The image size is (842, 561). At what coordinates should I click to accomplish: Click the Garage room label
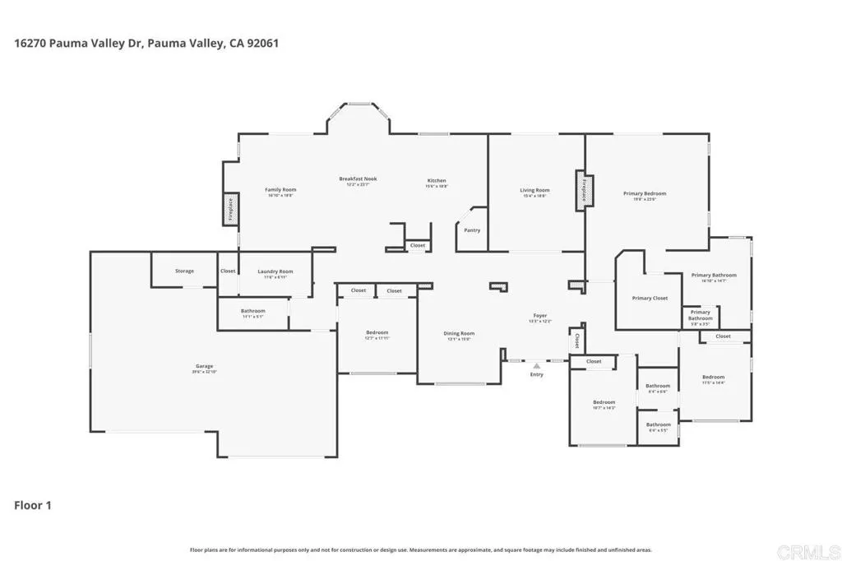(x=204, y=367)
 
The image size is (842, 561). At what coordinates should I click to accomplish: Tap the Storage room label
(x=184, y=271)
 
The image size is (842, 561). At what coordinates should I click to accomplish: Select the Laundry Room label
(x=275, y=272)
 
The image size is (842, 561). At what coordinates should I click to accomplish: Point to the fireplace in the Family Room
(x=230, y=210)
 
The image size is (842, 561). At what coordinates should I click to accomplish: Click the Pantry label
(x=472, y=230)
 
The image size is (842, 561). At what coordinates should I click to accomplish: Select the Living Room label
(x=534, y=192)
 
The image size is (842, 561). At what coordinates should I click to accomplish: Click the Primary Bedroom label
(x=645, y=194)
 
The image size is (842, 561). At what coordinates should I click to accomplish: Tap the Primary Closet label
(x=650, y=298)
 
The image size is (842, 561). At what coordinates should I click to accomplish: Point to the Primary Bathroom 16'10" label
(x=714, y=276)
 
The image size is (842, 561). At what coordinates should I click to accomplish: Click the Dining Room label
(x=459, y=334)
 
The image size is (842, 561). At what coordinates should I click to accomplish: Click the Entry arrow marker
(x=537, y=363)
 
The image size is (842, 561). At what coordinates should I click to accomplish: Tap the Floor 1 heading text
(x=33, y=505)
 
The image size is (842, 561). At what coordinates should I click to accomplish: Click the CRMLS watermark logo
(x=810, y=549)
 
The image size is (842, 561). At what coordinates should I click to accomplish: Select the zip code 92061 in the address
(x=261, y=43)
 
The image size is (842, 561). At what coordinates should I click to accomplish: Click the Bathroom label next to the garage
(x=253, y=312)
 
